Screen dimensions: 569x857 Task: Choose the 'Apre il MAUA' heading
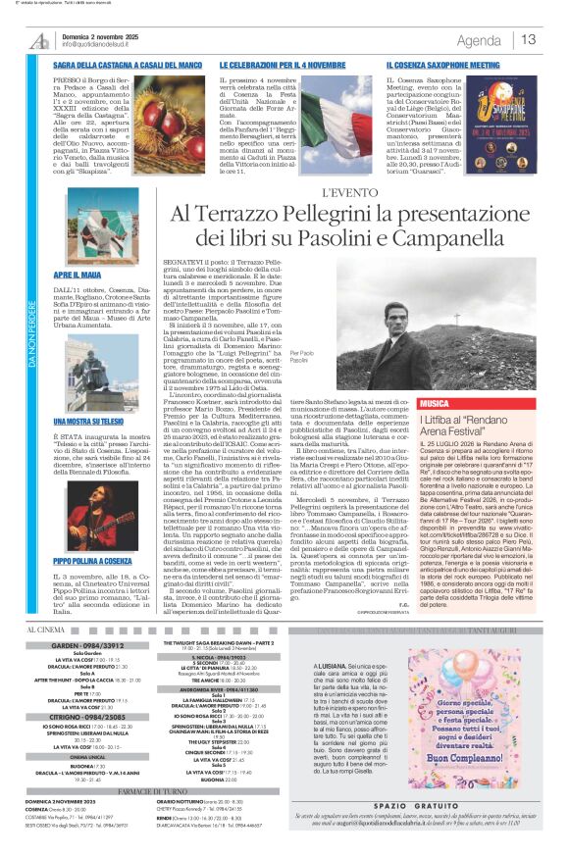tap(78, 277)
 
